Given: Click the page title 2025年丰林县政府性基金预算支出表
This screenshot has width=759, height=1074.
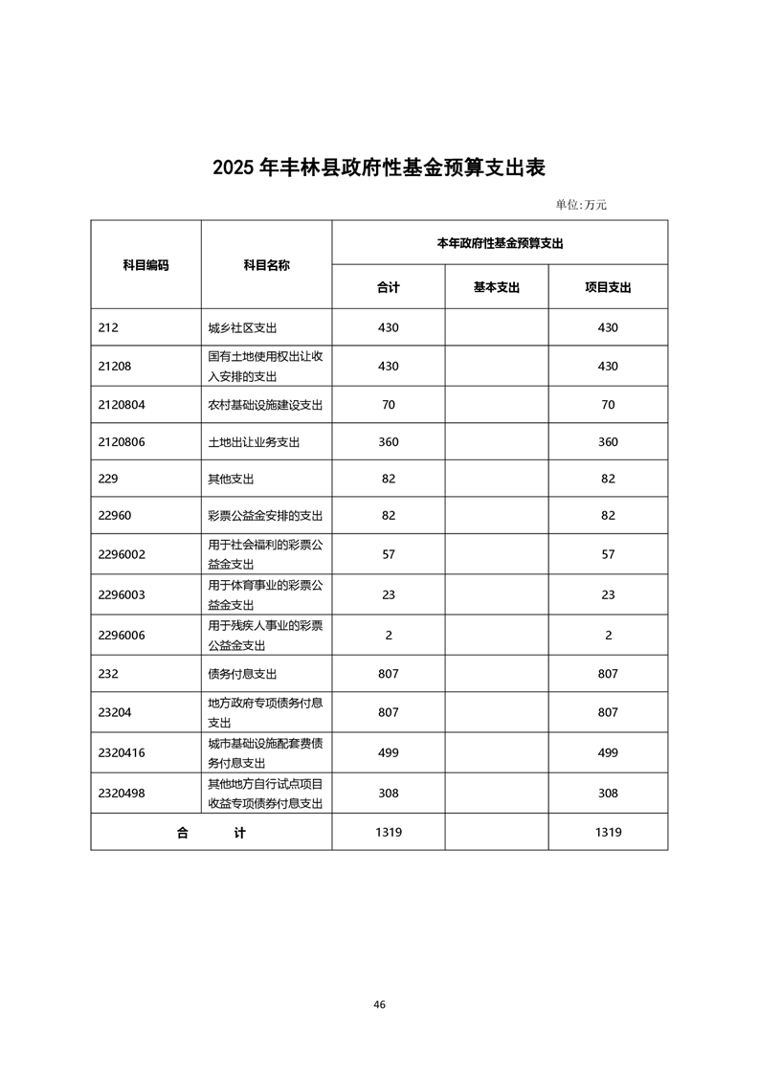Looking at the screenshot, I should pos(379,168).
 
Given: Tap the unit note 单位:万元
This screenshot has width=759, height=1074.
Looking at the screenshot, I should pos(581,204).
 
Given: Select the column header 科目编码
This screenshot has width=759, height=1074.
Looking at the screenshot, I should pos(145,265).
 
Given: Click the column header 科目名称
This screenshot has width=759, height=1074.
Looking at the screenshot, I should pos(266,265).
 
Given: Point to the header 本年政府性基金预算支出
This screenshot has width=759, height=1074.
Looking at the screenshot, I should pos(500,243).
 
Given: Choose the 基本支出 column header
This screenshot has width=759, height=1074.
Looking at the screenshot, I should pos(496,287).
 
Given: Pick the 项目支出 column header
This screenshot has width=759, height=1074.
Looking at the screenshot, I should pos(608,287).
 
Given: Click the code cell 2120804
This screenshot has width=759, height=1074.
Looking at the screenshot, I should pos(122,405).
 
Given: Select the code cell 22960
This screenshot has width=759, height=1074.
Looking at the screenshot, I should pos(115,516).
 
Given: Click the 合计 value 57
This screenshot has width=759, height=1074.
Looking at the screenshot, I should pos(388,554).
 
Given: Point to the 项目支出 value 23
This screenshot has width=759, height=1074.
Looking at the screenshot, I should pos(608,594).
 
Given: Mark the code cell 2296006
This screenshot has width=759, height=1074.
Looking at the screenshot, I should pos(122,635).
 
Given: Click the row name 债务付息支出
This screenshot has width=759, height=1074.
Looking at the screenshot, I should pos(242,674).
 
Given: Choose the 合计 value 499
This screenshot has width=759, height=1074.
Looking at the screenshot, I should pos(388,752).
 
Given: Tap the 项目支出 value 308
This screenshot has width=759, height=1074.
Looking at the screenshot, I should pos(608,793).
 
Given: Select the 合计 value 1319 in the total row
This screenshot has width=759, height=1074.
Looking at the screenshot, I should pos(388,832).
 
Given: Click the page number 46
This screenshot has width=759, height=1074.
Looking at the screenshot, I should pos(380,1004).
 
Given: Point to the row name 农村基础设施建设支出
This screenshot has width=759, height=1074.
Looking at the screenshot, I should pos(265,405).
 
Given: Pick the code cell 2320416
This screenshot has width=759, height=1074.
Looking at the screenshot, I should pos(122,752).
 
